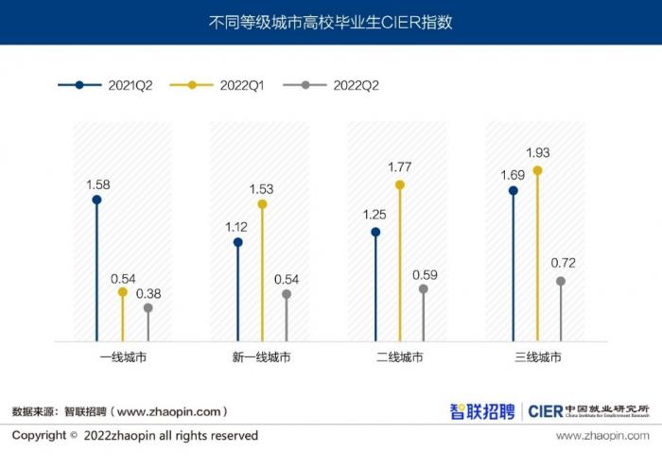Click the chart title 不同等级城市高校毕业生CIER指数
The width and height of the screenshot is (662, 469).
(x=330, y=22)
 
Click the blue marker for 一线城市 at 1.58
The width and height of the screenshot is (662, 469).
(x=96, y=200)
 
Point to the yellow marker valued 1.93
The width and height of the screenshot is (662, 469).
(x=538, y=170)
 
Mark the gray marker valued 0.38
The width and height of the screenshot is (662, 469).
(x=148, y=307)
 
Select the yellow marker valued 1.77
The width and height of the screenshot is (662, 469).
(x=400, y=185)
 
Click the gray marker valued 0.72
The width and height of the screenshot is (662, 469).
(x=561, y=281)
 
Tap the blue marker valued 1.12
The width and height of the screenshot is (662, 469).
(x=237, y=242)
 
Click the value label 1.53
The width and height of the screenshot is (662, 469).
(x=261, y=189)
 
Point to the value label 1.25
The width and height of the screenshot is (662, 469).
(x=375, y=215)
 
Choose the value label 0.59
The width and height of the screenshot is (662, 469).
(x=424, y=274)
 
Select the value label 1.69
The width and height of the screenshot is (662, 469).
(x=513, y=174)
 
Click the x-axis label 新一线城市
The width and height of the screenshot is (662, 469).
(x=261, y=357)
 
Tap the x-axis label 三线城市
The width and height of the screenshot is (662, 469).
(x=538, y=357)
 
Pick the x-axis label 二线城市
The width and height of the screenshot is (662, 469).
(x=399, y=357)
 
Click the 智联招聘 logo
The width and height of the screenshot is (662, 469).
(x=482, y=411)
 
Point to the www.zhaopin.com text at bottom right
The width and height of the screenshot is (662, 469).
(x=601, y=436)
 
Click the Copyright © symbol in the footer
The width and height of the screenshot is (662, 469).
(x=74, y=436)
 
